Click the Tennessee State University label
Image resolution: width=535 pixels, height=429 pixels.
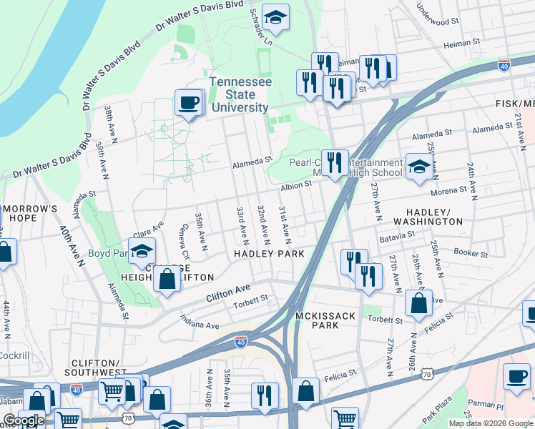240,95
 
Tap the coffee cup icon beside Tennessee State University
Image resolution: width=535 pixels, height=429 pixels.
189,103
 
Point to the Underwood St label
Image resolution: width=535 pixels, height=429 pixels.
438,16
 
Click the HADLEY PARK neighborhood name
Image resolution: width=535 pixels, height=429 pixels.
269,254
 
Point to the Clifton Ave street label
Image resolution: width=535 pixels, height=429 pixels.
228,292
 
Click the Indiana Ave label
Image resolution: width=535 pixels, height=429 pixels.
200,322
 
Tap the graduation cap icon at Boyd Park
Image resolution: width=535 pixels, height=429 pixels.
142,251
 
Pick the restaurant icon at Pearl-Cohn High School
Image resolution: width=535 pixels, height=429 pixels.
334,163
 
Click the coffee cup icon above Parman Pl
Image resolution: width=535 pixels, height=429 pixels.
516,376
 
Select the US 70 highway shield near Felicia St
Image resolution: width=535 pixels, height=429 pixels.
427,373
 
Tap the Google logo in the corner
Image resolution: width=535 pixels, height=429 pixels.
24,420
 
